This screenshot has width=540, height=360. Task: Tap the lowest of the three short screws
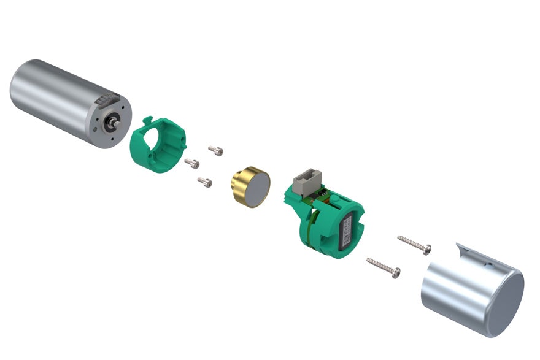point(206,182)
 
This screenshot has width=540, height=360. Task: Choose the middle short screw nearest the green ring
point(192,162)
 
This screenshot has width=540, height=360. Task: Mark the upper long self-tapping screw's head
point(427,248)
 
